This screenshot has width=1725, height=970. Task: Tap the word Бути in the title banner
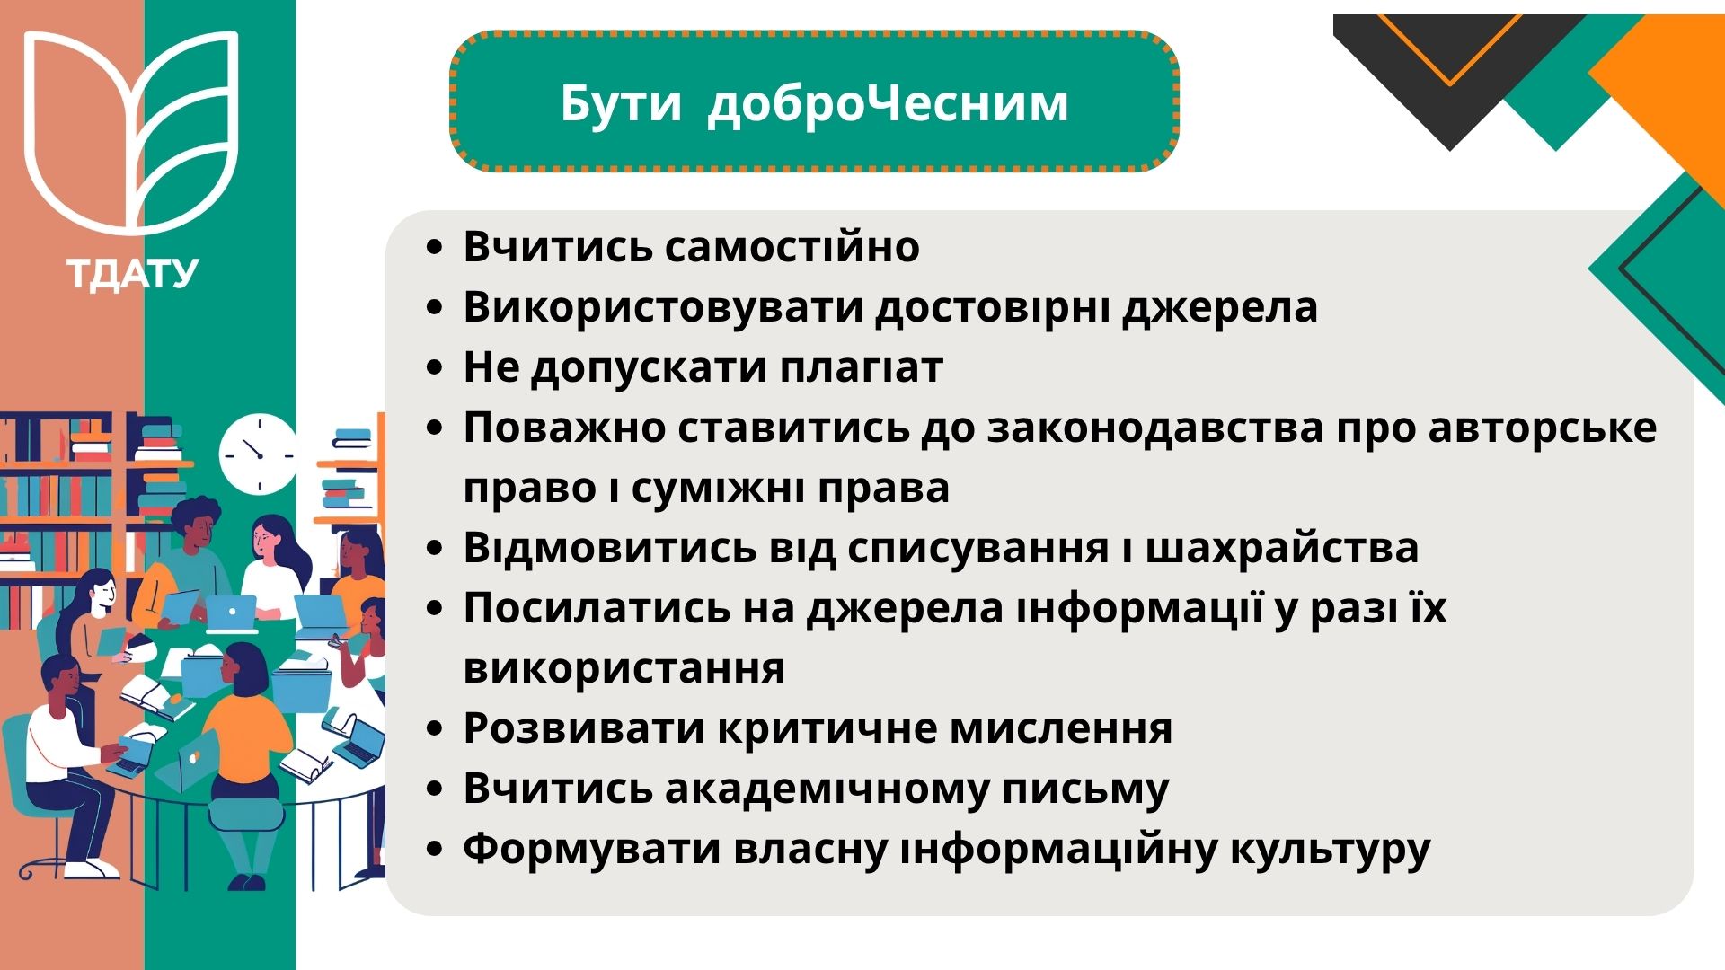point(621,103)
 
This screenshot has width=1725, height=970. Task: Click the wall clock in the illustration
point(258,454)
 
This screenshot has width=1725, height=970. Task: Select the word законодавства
point(1155,428)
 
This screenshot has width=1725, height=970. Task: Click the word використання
point(624,669)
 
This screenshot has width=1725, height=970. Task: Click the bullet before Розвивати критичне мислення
point(436,729)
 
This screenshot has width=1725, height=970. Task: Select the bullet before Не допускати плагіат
point(436,368)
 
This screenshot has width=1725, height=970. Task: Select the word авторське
point(1543,428)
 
